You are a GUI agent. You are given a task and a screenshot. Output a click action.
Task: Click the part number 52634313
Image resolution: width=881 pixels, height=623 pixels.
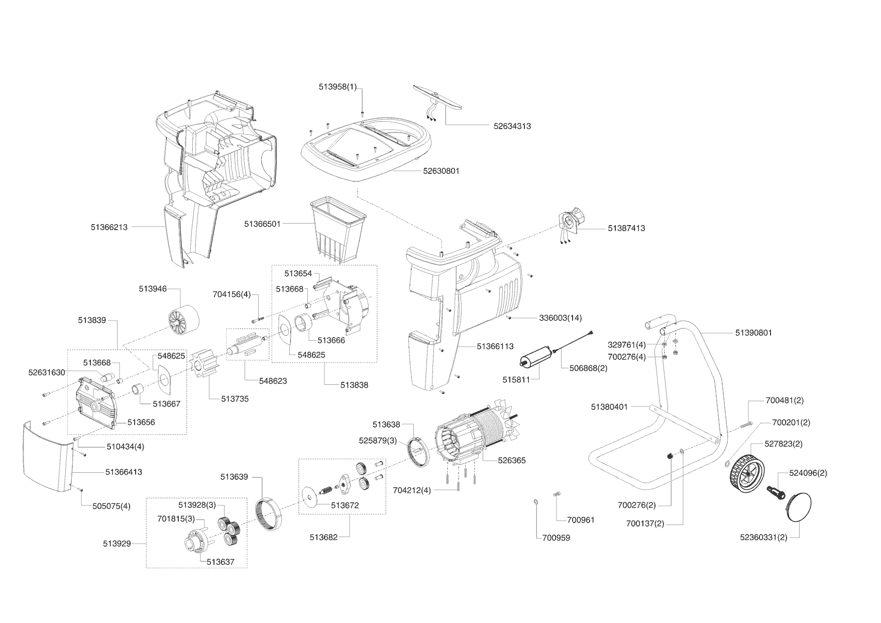[512, 126]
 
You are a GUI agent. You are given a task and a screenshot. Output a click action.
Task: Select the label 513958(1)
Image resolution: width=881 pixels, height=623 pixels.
[338, 87]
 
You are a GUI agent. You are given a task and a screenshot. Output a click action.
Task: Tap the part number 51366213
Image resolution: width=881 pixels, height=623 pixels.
[109, 227]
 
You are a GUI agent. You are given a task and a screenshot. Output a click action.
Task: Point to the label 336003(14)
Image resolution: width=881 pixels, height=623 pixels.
[560, 318]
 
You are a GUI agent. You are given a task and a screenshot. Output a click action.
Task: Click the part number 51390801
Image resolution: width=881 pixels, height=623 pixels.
[753, 333]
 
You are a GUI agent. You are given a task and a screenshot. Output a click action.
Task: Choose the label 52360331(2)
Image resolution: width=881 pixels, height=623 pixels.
[763, 538]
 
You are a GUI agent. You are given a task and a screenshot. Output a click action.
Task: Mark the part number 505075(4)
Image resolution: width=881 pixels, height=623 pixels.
[112, 506]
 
